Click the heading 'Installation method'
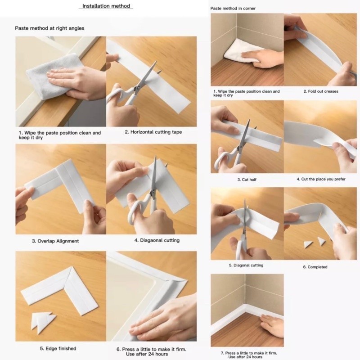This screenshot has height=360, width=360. [x=106, y=6]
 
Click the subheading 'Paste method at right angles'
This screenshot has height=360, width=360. [x=49, y=28]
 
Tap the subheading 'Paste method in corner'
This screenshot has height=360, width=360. [x=233, y=9]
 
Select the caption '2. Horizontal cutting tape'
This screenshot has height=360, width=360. [x=153, y=132]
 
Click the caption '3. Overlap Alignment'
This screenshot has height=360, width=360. [x=55, y=241]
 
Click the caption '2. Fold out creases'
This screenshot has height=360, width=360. [x=320, y=91]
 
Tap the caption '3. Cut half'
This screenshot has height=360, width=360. [x=247, y=180]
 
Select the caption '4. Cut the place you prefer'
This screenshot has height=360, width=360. [x=321, y=179]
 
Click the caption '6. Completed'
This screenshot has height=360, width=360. [x=315, y=267]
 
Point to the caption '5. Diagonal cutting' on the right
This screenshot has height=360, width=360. [x=246, y=265]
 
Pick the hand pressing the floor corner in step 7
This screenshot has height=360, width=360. [x=273, y=325]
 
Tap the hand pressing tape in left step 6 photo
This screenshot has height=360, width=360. [x=164, y=319]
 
